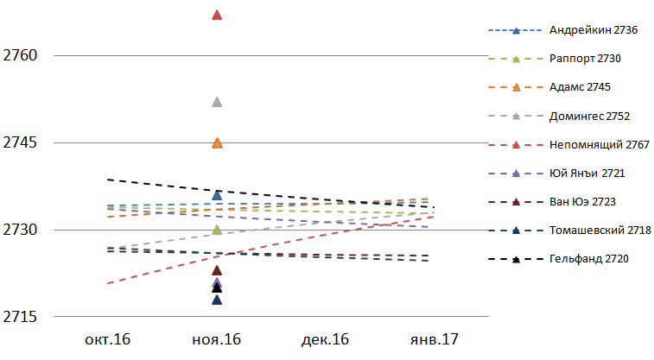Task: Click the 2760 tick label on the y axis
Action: point(21,55)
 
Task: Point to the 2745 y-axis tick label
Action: point(21,142)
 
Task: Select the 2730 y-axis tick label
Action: point(21,230)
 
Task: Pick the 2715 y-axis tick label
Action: point(21,317)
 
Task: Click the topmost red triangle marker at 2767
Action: point(217,15)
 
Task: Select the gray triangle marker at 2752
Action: point(217,102)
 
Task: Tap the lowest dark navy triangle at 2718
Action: point(217,300)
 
